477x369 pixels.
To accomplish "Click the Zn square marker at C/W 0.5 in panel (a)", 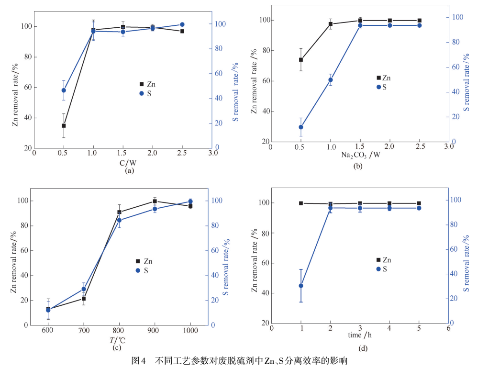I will (x=64, y=126).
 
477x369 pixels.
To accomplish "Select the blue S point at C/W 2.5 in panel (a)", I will (x=182, y=24).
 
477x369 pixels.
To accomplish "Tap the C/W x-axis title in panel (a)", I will (x=128, y=163).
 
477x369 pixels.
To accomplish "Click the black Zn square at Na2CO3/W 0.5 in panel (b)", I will (x=301, y=60).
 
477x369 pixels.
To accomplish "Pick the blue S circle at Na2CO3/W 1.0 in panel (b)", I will (x=331, y=80).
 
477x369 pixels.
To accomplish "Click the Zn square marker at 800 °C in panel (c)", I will (x=119, y=212).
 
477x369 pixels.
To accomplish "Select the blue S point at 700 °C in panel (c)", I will (x=84, y=289).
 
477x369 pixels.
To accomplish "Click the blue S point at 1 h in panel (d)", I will (x=301, y=286).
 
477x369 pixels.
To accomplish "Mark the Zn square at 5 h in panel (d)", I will (x=419, y=203).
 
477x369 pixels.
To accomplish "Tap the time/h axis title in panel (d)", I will (x=360, y=335).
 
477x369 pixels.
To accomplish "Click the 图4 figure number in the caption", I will (x=138, y=360).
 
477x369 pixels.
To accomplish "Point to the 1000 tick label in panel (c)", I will (x=190, y=331).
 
